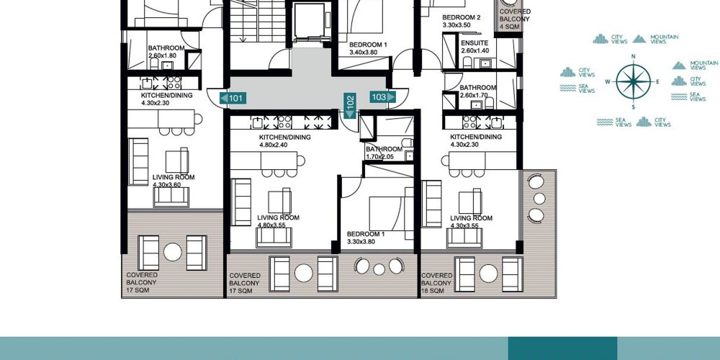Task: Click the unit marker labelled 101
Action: coord(233,98)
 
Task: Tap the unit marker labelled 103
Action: coord(382,97)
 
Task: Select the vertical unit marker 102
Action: coord(350,106)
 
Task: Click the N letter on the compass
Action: coord(633,57)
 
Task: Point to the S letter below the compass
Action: coord(633,107)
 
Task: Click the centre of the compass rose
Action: coord(633,82)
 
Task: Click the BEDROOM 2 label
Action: coord(461,17)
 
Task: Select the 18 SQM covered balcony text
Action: coord(433,291)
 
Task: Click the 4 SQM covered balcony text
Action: coord(510,27)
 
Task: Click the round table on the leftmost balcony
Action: coord(173,252)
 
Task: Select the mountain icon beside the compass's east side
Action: coord(679,66)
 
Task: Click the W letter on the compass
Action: coord(608,82)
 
